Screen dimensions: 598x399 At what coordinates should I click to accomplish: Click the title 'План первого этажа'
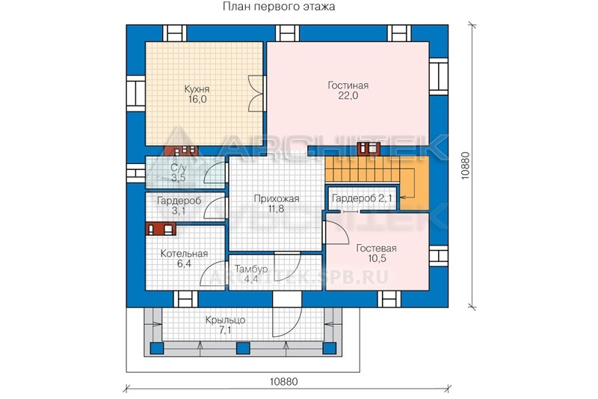[x=279, y=7]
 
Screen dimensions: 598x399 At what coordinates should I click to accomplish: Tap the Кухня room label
[x=197, y=89]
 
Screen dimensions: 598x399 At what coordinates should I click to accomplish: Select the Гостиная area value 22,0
[x=348, y=96]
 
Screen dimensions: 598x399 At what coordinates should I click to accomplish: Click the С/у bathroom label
[x=179, y=167]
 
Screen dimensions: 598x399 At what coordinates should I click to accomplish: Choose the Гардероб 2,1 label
[x=362, y=198]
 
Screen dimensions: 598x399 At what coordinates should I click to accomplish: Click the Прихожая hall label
[x=277, y=199]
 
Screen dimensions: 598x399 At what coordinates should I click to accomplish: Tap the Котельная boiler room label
[x=184, y=254]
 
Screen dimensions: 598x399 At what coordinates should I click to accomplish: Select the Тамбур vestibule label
[x=250, y=269]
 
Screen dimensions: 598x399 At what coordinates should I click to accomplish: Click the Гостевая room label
[x=377, y=249]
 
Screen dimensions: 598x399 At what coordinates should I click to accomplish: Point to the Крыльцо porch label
[x=225, y=320]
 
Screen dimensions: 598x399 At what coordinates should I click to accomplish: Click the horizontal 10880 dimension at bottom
[x=283, y=382]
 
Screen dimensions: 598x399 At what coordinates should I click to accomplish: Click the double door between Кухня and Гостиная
[x=256, y=94]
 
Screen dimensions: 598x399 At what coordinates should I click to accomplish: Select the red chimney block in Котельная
[x=161, y=229]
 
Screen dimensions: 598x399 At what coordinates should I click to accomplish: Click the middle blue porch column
[x=243, y=348]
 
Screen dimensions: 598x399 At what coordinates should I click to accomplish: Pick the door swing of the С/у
[x=215, y=173]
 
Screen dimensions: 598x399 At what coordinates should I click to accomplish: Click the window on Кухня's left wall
[x=136, y=94]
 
